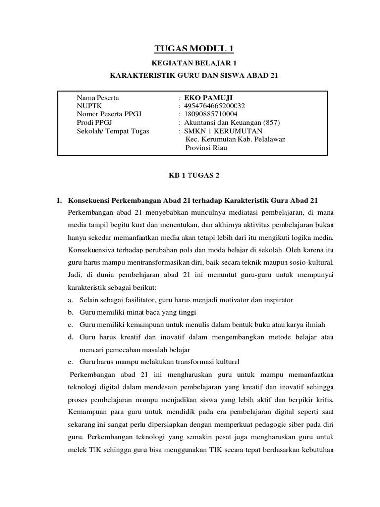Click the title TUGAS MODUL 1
pyautogui.click(x=193, y=48)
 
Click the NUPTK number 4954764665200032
pyautogui.click(x=215, y=106)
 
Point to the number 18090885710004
pyautogui.click(x=211, y=114)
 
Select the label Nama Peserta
pyautogui.click(x=97, y=98)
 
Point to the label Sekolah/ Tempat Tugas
pyautogui.click(x=113, y=131)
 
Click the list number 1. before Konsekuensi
pyautogui.click(x=58, y=200)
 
